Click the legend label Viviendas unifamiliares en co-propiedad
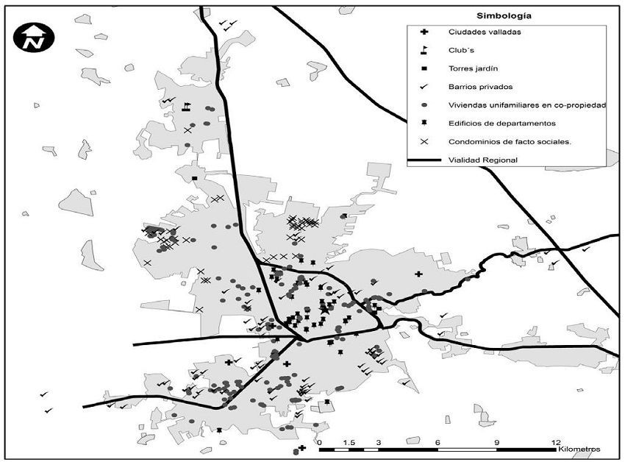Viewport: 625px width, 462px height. [526, 105]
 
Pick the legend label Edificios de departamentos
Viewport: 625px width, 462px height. [501, 124]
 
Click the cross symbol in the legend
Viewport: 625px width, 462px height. [424, 32]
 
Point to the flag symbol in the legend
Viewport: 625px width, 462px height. [424, 50]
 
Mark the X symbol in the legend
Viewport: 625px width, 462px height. [424, 142]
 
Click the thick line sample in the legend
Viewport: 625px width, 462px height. [424, 160]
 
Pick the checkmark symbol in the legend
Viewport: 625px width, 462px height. [424, 87]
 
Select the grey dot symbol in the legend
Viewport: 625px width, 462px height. [424, 105]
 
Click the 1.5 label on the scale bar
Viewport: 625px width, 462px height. [349, 442]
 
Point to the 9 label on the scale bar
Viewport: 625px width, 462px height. [497, 442]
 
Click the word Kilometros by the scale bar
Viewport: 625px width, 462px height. [579, 449]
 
